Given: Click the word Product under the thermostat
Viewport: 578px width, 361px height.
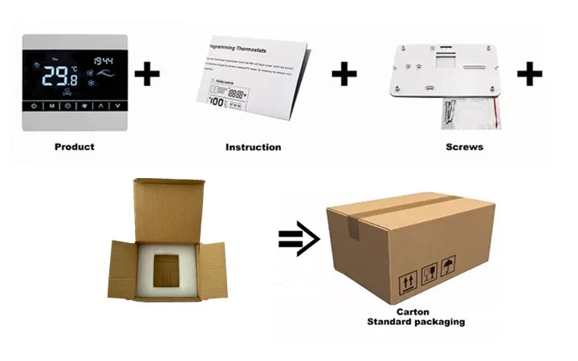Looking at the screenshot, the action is [74, 147].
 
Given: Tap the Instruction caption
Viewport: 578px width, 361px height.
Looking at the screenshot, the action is [253, 147].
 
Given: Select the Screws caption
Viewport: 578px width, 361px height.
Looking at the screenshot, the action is [464, 147].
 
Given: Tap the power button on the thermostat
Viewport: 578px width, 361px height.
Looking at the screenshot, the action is [33, 106].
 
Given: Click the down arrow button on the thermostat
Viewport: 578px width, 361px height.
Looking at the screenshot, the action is [117, 106].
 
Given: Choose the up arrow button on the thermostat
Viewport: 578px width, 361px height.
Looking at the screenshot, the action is [101, 106].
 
